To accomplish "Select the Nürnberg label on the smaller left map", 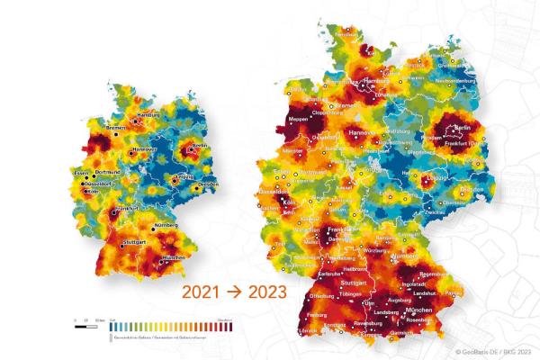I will click(166, 224).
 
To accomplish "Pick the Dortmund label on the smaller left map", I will click(108, 172).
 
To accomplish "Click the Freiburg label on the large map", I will click(315, 315).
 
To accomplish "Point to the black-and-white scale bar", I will click(87, 320).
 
